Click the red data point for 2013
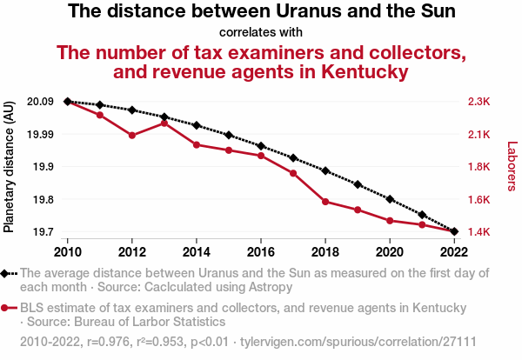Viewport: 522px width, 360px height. pyautogui.click(x=164, y=123)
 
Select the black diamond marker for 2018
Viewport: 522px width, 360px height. pyautogui.click(x=325, y=170)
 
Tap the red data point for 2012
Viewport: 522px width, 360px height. pyautogui.click(x=132, y=136)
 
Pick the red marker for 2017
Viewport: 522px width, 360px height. pyautogui.click(x=293, y=173)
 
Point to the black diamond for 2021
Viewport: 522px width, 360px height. pyautogui.click(x=422, y=215)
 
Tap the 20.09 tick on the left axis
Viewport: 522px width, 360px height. pyautogui.click(x=40, y=102)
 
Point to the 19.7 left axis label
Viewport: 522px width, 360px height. pyautogui.click(x=43, y=232)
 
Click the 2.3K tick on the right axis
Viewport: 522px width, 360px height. pyautogui.click(x=478, y=102)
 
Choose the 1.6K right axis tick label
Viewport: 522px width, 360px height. pyautogui.click(x=478, y=200)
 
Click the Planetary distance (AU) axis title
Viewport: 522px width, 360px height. pyautogui.click(x=10, y=167)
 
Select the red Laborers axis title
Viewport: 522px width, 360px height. pyautogui.click(x=512, y=167)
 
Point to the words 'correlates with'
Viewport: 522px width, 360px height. pyautogui.click(x=261, y=33)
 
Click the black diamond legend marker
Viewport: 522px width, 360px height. pyautogui.click(x=6, y=273)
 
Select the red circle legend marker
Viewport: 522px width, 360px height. pyautogui.click(x=6, y=308)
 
